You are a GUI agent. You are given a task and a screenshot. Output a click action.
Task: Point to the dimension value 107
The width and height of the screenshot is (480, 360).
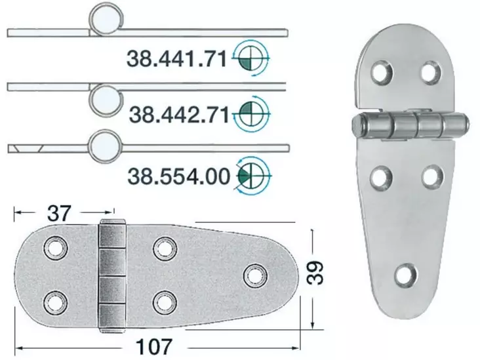(x=155, y=345)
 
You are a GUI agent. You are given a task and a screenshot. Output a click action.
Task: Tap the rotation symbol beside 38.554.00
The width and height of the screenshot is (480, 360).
(x=252, y=174)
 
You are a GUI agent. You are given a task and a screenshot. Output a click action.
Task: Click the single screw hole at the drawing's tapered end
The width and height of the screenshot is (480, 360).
(x=253, y=275)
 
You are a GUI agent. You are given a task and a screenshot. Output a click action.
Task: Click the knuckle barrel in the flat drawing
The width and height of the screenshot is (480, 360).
(x=112, y=275)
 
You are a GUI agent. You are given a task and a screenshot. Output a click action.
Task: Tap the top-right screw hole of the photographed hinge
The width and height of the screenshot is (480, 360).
(x=430, y=71)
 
